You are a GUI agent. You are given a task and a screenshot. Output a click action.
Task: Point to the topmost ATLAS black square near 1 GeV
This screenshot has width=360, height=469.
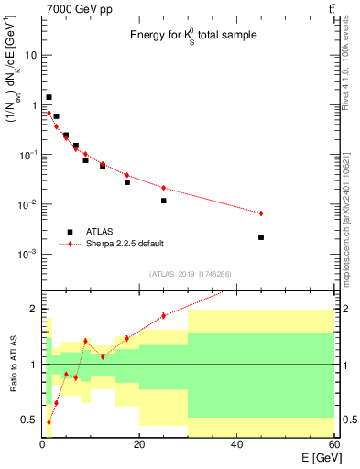pyautogui.click(x=49, y=97)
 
